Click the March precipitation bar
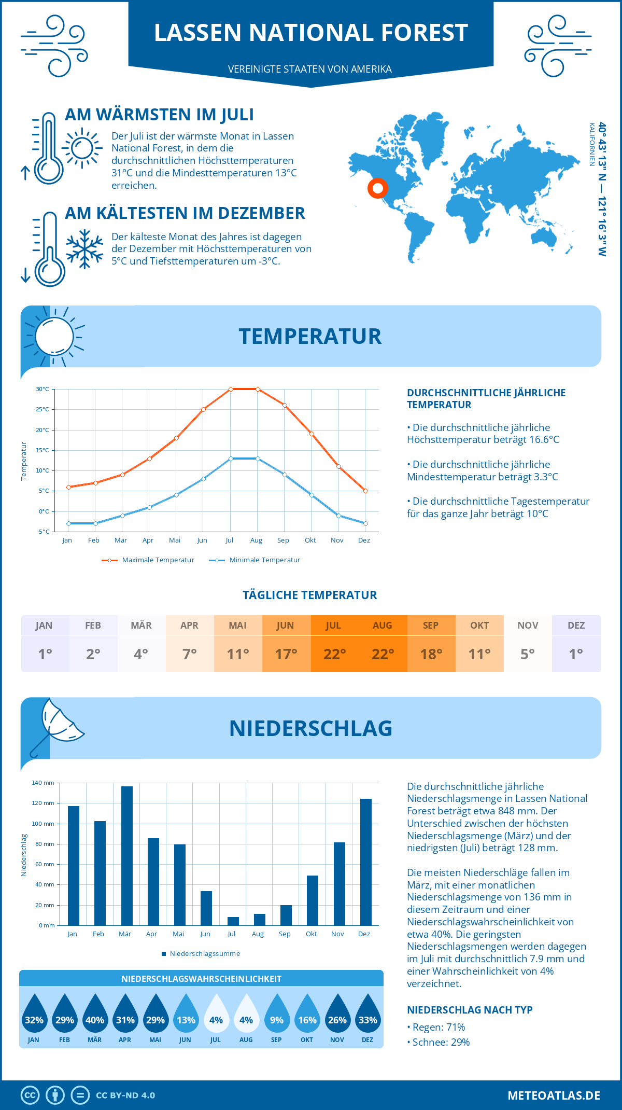(126, 856)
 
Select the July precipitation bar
(233, 921)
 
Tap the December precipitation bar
(365, 862)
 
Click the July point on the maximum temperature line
(231, 389)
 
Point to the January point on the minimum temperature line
(68, 523)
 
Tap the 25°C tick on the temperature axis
(43, 409)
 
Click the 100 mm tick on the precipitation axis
(43, 824)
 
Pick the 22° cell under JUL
(334, 654)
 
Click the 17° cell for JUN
(286, 654)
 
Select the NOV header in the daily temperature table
(528, 626)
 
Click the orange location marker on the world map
(377, 188)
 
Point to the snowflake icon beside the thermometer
(84, 249)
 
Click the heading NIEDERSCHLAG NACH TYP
(470, 1010)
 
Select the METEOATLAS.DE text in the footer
(554, 1095)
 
